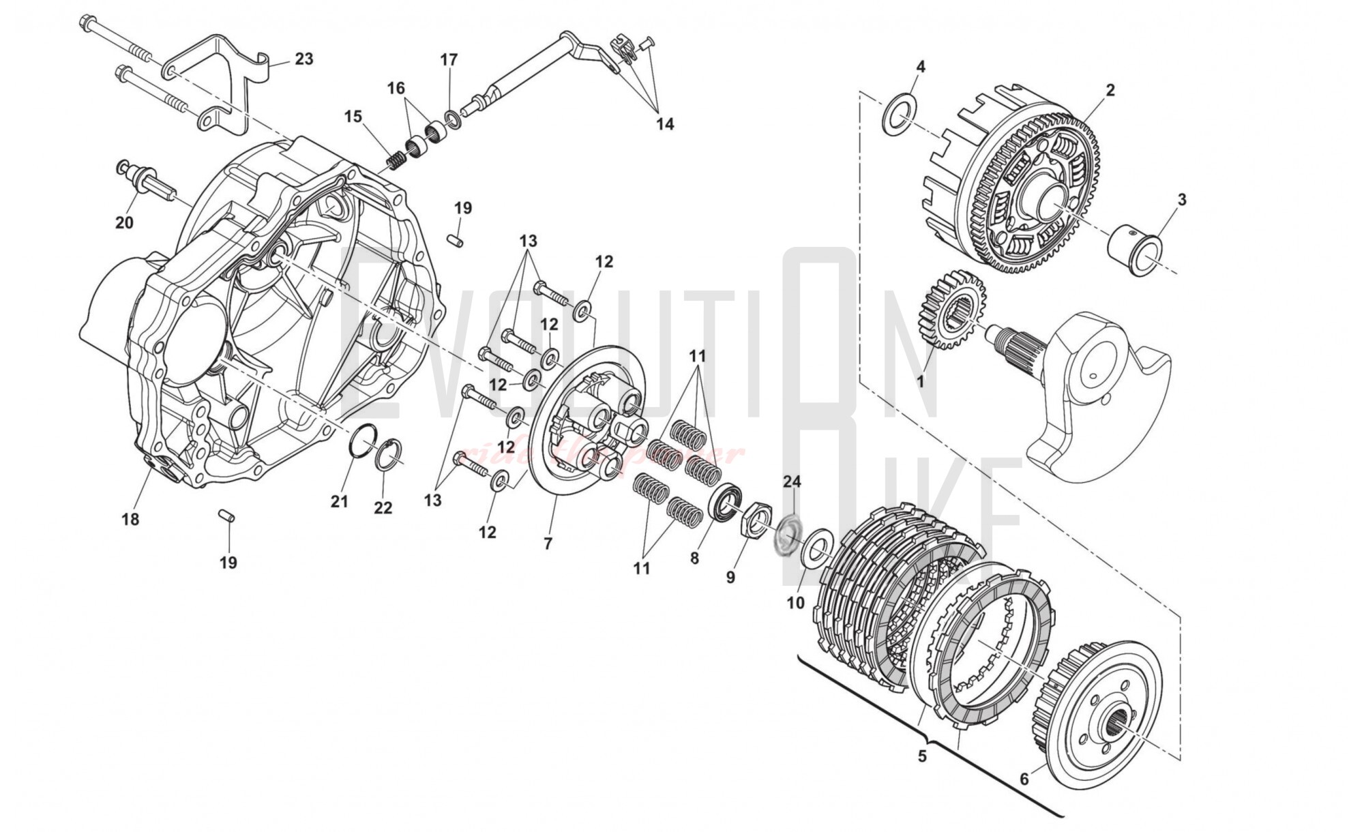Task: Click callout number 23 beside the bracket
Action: [303, 59]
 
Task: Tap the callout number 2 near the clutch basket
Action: [1110, 89]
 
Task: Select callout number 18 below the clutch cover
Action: [130, 519]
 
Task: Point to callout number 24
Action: [791, 482]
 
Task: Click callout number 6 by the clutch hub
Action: [1024, 779]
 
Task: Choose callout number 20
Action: [124, 222]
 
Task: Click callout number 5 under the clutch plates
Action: [922, 756]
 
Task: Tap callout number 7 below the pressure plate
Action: [548, 543]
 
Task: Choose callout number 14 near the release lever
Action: [665, 124]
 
